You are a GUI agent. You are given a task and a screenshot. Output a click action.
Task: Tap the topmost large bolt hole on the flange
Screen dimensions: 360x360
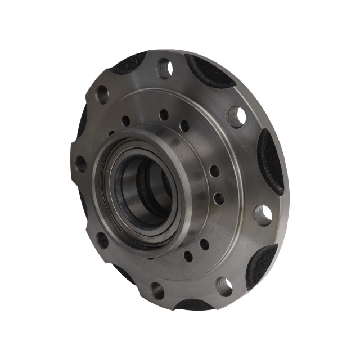click(165, 68)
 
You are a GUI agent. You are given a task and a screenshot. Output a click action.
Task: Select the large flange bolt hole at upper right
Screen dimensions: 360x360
click(237, 116)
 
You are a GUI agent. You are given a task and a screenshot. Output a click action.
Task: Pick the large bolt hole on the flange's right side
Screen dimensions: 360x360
click(263, 214)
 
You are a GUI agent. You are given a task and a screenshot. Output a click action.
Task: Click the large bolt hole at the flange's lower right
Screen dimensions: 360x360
click(224, 286)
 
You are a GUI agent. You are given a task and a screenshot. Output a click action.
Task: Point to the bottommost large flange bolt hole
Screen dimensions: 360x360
click(157, 290)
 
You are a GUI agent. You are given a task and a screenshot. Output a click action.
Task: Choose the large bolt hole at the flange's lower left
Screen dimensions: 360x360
click(102, 240)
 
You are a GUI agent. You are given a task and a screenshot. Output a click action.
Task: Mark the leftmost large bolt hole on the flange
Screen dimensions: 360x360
click(82, 164)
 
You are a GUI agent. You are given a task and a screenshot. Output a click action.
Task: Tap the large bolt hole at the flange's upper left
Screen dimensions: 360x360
click(102, 94)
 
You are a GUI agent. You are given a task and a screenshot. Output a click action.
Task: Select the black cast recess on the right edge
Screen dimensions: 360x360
click(271, 162)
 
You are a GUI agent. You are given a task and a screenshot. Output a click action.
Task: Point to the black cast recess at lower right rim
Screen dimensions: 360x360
click(262, 265)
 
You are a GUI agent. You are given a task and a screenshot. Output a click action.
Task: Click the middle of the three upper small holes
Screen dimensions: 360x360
click(164, 115)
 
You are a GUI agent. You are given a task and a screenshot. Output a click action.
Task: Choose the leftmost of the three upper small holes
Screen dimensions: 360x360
click(125, 120)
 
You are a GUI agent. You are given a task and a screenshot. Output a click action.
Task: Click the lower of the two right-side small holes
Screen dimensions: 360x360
click(219, 198)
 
